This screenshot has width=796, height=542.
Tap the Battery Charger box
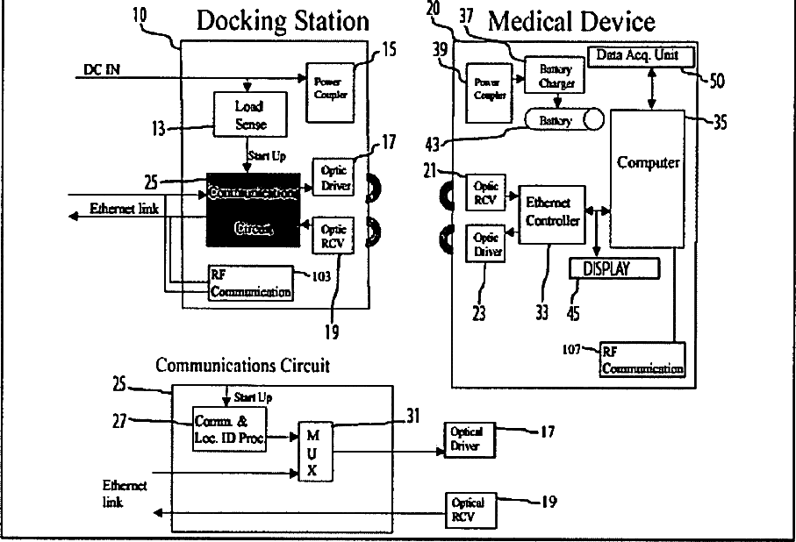[x=550, y=74]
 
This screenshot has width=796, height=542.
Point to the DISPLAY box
[x=614, y=267]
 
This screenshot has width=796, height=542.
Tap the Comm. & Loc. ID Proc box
[x=229, y=429]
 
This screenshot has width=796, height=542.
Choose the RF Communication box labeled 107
[x=642, y=360]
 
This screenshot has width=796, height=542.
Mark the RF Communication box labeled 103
[x=250, y=282]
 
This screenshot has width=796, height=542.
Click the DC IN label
[x=102, y=68]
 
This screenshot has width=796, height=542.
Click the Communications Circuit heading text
[x=243, y=365]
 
